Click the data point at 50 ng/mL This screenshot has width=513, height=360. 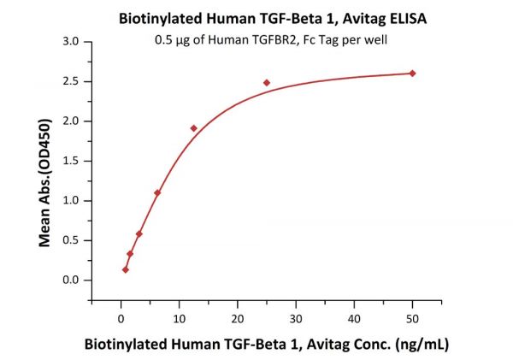[412, 73]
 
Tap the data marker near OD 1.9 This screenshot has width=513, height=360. [194, 128]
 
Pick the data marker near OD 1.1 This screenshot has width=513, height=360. [157, 192]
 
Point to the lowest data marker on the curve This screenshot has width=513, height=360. [126, 269]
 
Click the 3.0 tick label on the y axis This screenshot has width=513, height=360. [71, 41]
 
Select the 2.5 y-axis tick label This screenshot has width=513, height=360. [71, 81]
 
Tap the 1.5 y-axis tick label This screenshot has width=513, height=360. [71, 161]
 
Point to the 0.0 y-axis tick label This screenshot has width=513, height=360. [71, 280]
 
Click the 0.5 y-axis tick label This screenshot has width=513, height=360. [71, 240]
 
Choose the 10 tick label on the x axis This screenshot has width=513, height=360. [179, 318]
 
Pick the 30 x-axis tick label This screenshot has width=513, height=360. [296, 318]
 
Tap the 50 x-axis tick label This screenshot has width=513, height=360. [412, 318]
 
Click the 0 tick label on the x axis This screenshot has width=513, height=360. [121, 318]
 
